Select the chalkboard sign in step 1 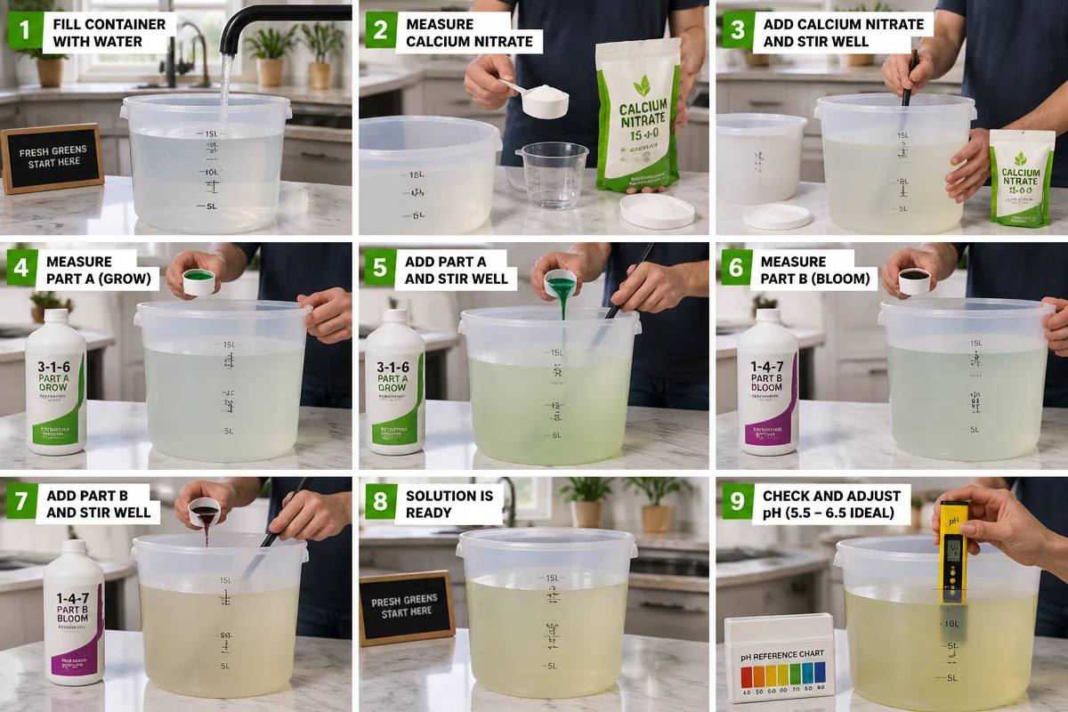pyautogui.click(x=52, y=158)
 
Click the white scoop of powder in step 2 pyautogui.click(x=544, y=100)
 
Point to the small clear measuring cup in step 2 pyautogui.click(x=553, y=174)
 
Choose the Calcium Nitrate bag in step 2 pyautogui.click(x=639, y=116)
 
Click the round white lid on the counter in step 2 pyautogui.click(x=657, y=211)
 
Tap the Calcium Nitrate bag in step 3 pyautogui.click(x=1021, y=177)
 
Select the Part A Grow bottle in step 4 pyautogui.click(x=55, y=381)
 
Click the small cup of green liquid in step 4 pyautogui.click(x=198, y=281)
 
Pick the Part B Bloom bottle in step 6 pyautogui.click(x=767, y=381)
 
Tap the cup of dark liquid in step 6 pyautogui.click(x=914, y=280)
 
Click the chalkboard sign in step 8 pyautogui.click(x=407, y=607)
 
